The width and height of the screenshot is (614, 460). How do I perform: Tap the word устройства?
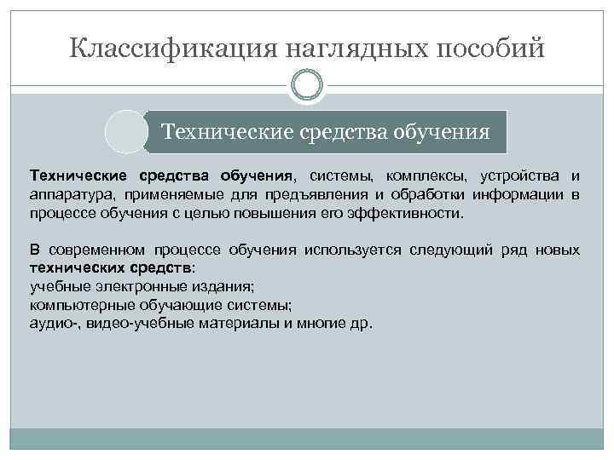pos(518,176)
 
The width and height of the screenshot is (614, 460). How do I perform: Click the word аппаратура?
pos(69,195)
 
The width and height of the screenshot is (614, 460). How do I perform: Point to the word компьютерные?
pos(74,305)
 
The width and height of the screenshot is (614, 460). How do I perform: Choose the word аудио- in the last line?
pos(50,324)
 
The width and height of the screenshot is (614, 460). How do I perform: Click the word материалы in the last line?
pos(230,324)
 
